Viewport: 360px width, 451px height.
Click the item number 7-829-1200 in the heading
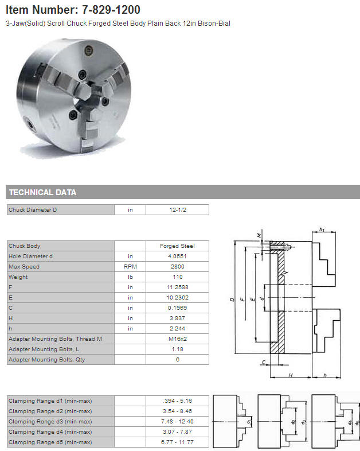[x=111, y=10]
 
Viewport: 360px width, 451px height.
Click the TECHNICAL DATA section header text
[x=42, y=192]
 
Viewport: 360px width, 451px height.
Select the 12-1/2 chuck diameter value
[x=178, y=209]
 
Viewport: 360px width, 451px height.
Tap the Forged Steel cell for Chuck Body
[x=177, y=246]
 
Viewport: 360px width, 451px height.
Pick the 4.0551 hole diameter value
[x=177, y=256]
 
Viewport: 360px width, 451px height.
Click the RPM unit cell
[x=130, y=267]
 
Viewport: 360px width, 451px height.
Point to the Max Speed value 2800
[x=177, y=267]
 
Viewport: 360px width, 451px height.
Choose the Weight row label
[x=18, y=277]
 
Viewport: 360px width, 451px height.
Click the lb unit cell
[x=130, y=277]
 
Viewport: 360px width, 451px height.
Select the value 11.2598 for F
[x=177, y=287]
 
